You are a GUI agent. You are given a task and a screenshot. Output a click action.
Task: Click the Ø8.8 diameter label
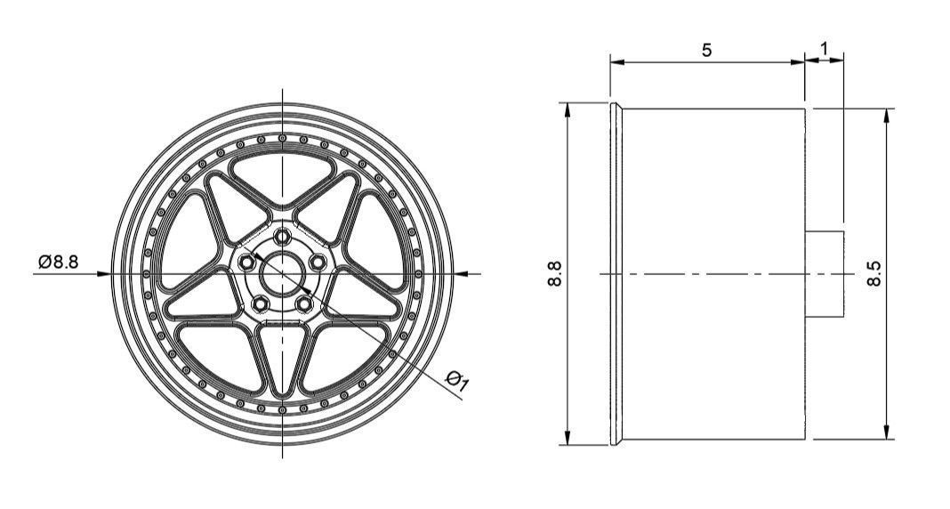59,262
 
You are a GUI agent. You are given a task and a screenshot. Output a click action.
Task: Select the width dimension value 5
706,51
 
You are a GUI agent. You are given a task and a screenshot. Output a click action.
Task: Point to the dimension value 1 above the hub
825,47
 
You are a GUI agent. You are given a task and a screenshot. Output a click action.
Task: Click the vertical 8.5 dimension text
874,273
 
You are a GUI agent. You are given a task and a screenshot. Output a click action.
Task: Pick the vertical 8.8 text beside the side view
554,273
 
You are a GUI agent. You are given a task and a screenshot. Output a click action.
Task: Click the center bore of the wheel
282,273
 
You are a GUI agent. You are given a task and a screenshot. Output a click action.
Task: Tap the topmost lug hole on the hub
282,237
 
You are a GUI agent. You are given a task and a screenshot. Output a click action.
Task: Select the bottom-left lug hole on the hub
260,303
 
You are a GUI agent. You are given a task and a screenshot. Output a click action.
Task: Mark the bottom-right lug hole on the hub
304,303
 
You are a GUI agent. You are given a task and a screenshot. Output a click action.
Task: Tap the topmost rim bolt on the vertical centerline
282,138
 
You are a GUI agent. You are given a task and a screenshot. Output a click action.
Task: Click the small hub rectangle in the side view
825,273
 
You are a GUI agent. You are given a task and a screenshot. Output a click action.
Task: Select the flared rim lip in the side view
616,273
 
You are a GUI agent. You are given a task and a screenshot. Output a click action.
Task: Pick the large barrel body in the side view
712,273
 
